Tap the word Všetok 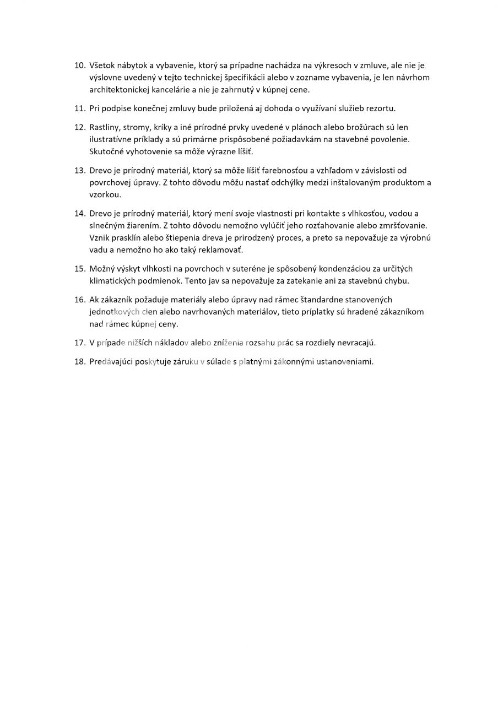coord(102,66)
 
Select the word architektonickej coord(120,90)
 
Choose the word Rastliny coord(105,127)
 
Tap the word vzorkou coord(105,194)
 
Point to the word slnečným coord(107,225)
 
